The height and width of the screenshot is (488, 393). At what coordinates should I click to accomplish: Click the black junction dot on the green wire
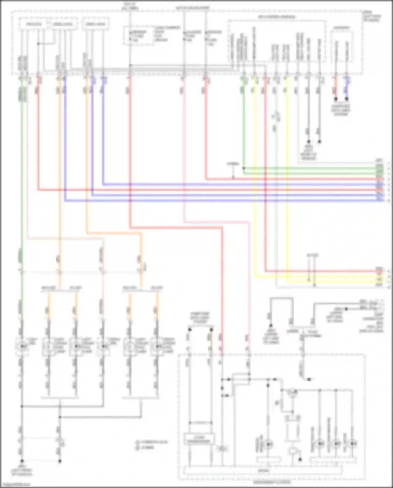pos(244,168)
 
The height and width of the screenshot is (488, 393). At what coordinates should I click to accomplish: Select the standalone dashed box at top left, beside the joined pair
pos(96,24)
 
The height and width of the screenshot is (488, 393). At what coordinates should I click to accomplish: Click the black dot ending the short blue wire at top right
pos(347,99)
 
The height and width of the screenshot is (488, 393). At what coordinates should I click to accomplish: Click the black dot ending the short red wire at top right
pos(336,99)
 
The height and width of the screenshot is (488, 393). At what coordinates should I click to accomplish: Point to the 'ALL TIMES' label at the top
pos(130,8)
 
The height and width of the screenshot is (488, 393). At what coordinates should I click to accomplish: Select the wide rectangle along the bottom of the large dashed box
pos(263,470)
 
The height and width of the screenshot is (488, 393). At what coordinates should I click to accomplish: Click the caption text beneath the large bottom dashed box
pos(272,482)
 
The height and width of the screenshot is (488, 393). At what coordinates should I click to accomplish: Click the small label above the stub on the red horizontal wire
pos(233,164)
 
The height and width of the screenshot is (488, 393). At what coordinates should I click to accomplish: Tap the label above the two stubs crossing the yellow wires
pos(312,255)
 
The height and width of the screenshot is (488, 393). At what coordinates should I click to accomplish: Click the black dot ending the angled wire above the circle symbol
pos(309,379)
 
